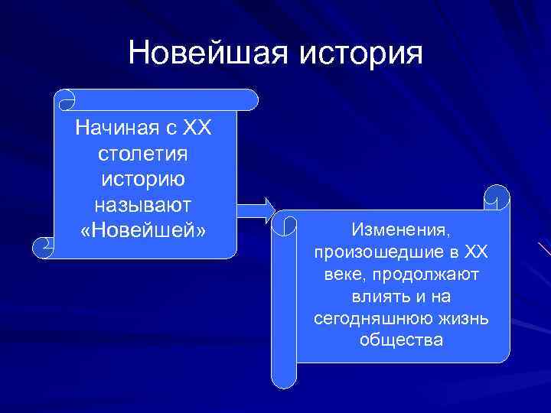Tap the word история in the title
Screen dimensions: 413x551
[x=357, y=53]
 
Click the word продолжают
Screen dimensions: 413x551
[x=435, y=274]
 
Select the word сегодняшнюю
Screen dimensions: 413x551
[x=371, y=317]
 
